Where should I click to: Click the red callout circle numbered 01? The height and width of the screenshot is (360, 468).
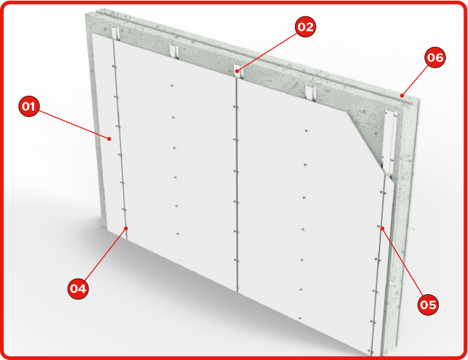[29, 106]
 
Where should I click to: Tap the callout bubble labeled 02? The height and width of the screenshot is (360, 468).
[305, 27]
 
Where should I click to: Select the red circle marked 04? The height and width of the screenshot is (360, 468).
[78, 288]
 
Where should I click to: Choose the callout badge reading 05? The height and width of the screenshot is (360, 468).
[428, 305]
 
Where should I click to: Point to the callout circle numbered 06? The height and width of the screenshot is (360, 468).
[435, 57]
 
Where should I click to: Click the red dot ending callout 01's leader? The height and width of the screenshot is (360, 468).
[109, 139]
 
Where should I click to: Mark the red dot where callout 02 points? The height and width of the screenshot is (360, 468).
[237, 71]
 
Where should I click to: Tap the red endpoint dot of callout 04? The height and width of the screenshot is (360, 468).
[126, 228]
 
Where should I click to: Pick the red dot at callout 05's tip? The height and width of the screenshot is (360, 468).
[382, 228]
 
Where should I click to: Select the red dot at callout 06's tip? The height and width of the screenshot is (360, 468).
[402, 96]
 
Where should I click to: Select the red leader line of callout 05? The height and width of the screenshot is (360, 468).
[403, 263]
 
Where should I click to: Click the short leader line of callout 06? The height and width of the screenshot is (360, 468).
[415, 81]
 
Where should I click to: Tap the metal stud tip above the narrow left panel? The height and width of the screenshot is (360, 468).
[115, 33]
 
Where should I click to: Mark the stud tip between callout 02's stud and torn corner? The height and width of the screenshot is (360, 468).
[310, 92]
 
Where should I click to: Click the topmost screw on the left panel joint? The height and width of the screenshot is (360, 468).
[113, 66]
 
